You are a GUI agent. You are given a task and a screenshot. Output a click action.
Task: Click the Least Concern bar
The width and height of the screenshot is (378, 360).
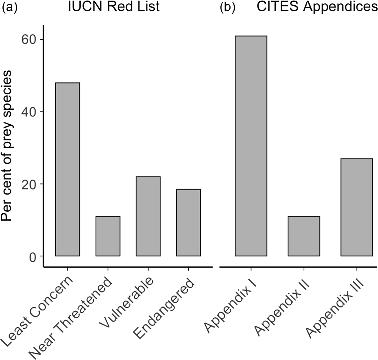tap(67, 169)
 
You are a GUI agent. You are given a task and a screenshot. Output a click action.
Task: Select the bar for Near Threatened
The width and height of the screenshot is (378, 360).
tap(108, 236)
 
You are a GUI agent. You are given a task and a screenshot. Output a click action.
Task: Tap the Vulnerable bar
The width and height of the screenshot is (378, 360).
tap(148, 216)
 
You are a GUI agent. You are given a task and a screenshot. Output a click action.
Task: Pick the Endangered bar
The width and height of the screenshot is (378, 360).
tap(188, 222)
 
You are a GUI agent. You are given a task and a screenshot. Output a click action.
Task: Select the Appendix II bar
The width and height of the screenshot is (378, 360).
tap(304, 236)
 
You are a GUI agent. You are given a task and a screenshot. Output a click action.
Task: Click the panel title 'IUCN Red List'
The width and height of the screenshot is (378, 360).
tap(114, 7)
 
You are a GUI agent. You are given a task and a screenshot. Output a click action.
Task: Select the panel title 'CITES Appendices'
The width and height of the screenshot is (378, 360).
tap(317, 7)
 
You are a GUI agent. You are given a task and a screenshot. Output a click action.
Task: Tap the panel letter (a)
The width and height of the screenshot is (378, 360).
tap(9, 7)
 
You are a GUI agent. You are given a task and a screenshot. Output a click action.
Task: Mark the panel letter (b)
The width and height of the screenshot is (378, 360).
tap(228, 7)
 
